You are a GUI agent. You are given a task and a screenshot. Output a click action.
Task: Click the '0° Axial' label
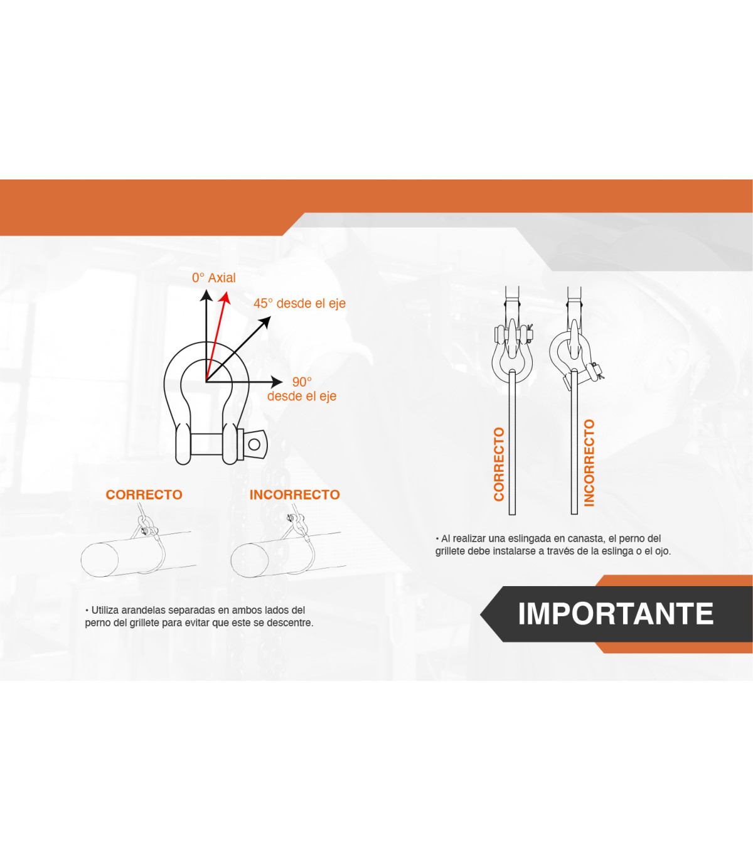coord(214,278)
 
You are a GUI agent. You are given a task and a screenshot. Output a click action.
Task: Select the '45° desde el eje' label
coord(299,303)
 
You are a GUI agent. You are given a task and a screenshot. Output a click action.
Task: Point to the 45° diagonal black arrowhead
coord(265,323)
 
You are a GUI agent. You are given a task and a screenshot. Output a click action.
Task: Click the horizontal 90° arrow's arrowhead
coord(277,382)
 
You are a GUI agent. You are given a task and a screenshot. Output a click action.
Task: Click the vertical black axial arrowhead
coord(206,295)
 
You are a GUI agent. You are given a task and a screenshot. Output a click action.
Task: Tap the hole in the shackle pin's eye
coord(254,444)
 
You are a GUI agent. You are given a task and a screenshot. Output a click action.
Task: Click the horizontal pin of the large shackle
coord(206,444)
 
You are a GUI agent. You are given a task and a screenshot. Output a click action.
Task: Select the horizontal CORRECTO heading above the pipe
coord(144,495)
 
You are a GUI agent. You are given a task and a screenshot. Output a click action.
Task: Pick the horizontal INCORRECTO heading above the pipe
coord(294,495)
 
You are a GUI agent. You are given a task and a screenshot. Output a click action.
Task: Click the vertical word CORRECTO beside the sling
coord(499,464)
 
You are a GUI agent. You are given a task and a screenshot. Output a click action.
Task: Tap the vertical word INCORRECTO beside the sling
coord(589,463)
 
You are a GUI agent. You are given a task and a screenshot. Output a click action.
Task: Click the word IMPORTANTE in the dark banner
coord(616,614)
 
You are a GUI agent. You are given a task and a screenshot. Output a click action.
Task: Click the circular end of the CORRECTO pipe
coord(100,560)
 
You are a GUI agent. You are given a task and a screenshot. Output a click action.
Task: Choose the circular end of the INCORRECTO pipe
coord(250,560)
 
